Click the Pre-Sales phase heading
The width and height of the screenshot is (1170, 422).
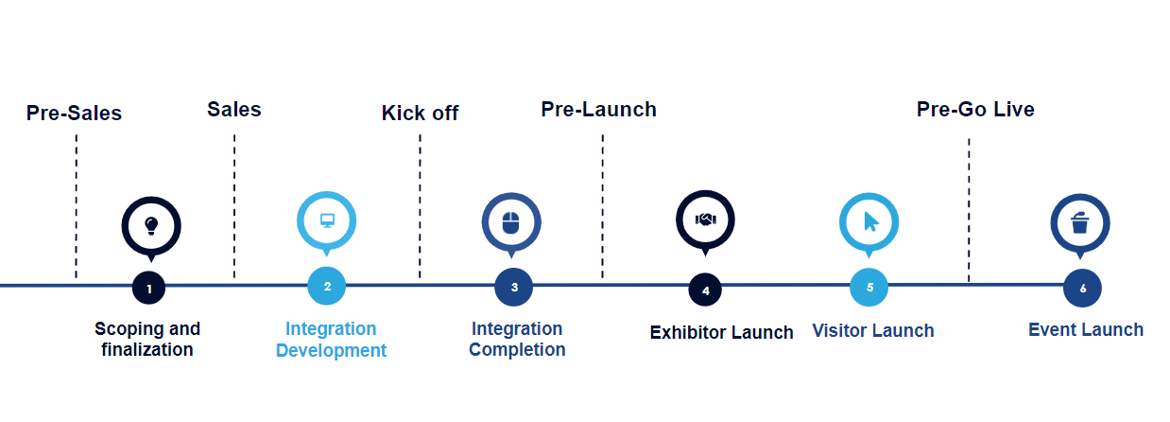74,113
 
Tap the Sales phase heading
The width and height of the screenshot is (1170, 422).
234,110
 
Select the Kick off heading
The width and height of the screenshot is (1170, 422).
420,113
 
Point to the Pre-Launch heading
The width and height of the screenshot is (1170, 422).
598,110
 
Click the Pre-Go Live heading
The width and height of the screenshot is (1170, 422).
975,110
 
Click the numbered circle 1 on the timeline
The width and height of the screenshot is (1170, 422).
149,288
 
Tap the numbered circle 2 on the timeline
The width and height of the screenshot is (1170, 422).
327,286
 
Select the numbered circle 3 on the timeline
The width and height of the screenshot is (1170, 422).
514,287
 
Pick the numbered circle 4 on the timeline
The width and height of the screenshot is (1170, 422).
705,290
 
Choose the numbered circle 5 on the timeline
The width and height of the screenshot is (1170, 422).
869,287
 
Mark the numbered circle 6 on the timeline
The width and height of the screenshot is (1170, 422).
1082,289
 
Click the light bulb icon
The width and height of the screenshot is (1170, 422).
151,226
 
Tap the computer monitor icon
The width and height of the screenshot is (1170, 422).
327,220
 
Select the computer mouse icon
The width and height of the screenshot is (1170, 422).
511,222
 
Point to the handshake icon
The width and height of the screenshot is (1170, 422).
705,220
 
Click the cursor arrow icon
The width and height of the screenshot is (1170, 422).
870,221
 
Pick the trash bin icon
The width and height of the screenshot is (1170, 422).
1079,222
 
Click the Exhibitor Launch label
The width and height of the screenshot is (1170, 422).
721,332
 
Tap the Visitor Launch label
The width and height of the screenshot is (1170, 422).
873,330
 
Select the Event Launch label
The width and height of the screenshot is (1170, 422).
1085,329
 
